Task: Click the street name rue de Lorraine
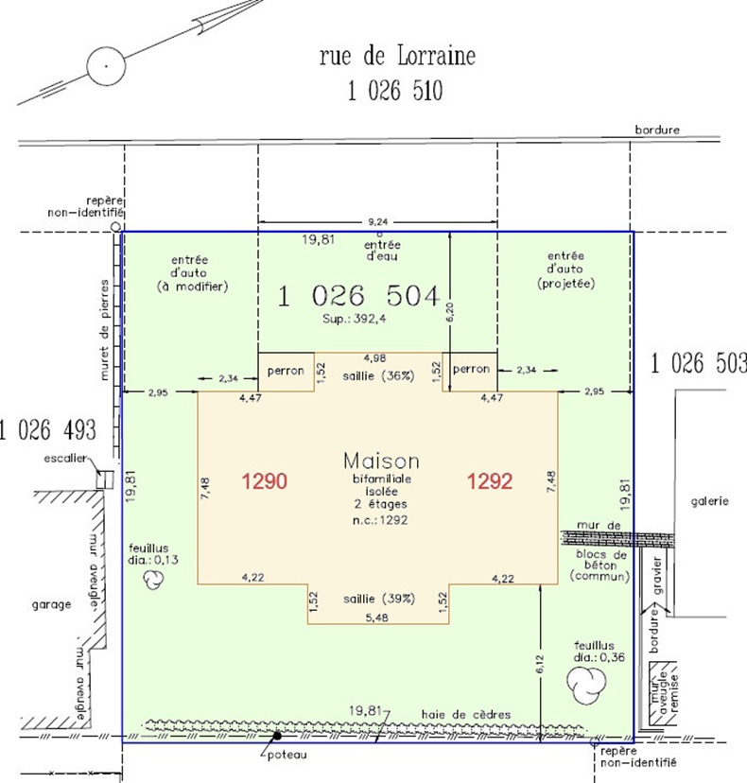click(397, 56)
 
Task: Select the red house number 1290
click(265, 481)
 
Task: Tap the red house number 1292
click(490, 481)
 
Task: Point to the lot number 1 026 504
click(359, 296)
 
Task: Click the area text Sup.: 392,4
click(354, 319)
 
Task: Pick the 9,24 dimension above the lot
click(378, 221)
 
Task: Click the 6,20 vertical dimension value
click(449, 312)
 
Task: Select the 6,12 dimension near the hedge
click(540, 664)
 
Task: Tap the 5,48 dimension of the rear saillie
click(376, 618)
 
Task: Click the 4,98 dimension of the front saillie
click(374, 358)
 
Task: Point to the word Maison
click(381, 461)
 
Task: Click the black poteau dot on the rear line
click(277, 736)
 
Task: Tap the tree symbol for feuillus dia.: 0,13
click(153, 581)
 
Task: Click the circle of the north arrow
click(106, 66)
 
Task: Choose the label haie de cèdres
click(466, 715)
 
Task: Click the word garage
click(51, 604)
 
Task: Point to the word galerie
click(709, 501)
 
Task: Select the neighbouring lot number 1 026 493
click(48, 430)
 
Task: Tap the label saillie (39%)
click(379, 599)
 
